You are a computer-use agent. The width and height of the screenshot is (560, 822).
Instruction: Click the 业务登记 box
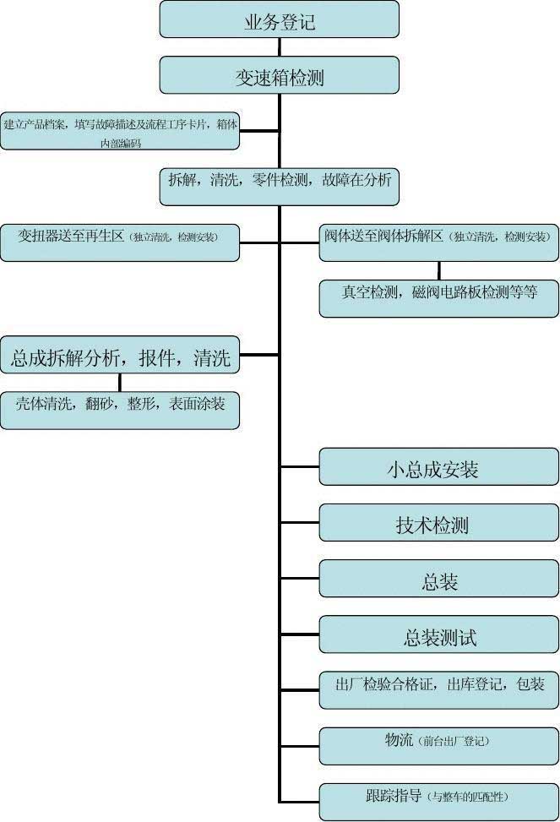[x=279, y=19]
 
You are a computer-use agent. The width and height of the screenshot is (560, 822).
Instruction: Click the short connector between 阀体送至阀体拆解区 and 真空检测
[x=438, y=270]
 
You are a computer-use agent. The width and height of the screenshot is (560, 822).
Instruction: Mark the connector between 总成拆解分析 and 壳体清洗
[x=120, y=382]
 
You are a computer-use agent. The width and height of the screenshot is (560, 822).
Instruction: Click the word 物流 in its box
[x=399, y=741]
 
